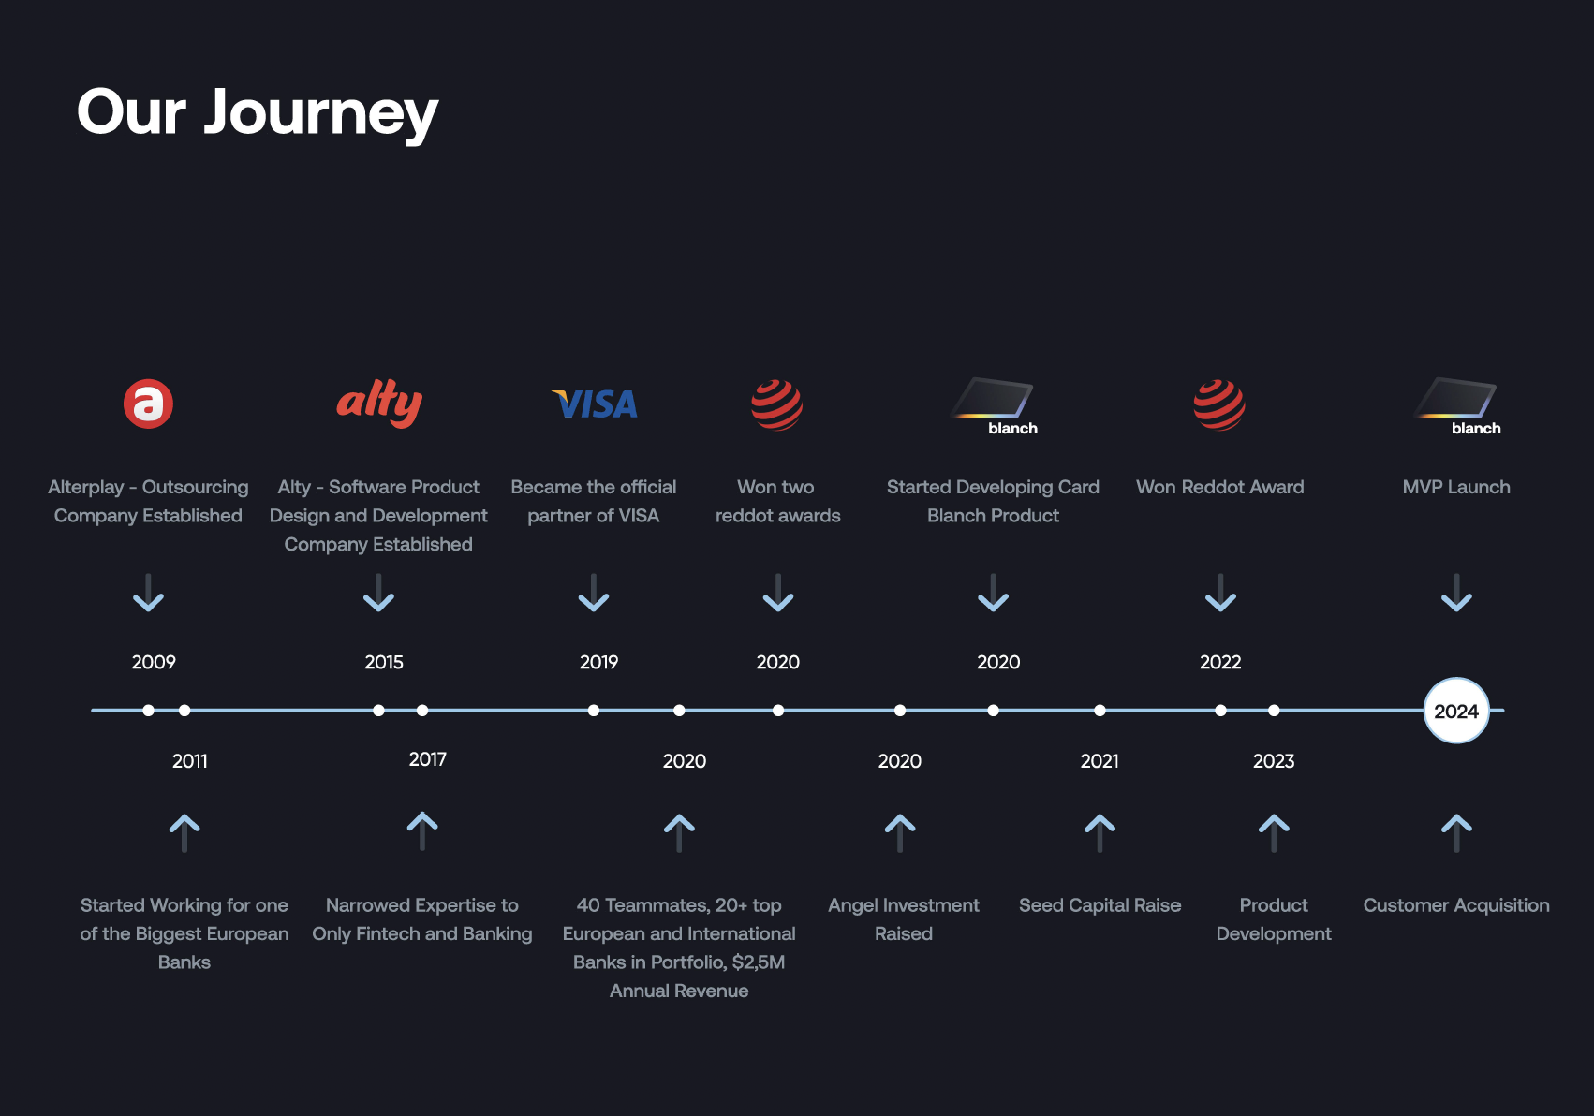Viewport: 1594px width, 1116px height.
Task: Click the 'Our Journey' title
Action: pos(257,113)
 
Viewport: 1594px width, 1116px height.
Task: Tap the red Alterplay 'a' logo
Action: pos(148,404)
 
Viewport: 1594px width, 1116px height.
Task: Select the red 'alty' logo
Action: pos(379,404)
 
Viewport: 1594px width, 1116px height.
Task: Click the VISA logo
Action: pos(594,404)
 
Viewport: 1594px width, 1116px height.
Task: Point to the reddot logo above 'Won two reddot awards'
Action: pos(777,405)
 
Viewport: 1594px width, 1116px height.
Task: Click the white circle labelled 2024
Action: pos(1456,711)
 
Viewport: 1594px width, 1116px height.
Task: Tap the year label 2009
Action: pos(154,662)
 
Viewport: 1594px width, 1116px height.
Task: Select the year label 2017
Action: pos(428,759)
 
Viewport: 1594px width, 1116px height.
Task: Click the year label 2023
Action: pos(1274,761)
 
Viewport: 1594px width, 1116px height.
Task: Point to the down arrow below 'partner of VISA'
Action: pos(594,594)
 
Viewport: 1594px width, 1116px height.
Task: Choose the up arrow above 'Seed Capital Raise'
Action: pos(1100,833)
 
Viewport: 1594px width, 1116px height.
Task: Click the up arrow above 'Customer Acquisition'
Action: pos(1456,833)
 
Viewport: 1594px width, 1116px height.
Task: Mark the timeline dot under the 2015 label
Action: pos(378,711)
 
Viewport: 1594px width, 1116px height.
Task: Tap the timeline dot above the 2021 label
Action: pos(1100,711)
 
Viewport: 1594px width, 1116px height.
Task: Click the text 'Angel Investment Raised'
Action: pos(904,919)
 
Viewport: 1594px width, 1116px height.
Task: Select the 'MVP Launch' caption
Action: pos(1456,487)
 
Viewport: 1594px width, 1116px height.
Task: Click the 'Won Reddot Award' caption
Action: pos(1219,487)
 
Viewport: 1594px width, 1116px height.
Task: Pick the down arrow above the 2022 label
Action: pos(1220,594)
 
